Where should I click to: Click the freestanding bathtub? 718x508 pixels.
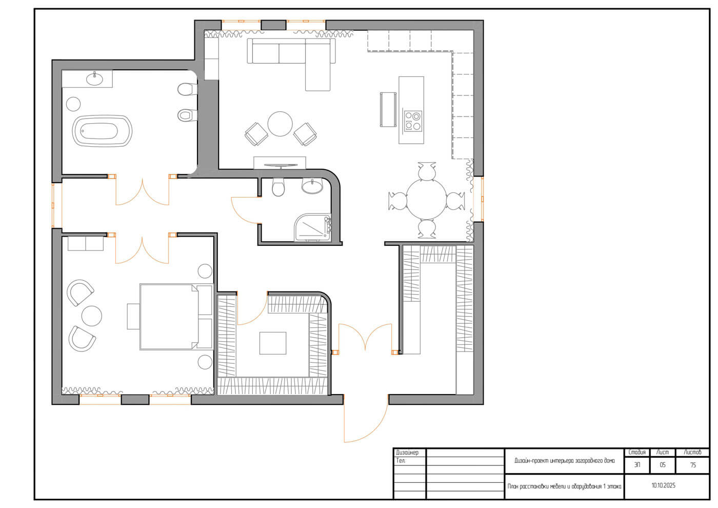(x=102, y=131)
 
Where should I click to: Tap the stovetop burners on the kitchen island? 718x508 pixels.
(x=413, y=121)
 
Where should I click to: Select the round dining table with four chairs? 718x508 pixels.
(x=426, y=199)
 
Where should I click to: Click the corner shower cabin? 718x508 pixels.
(x=312, y=227)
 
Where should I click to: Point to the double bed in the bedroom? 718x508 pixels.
(x=176, y=317)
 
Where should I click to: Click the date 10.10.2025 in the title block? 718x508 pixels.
(x=663, y=485)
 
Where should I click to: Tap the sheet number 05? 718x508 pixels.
(x=663, y=465)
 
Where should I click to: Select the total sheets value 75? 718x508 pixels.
(x=693, y=465)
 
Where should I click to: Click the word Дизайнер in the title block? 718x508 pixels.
(x=407, y=453)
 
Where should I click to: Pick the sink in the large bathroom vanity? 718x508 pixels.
(x=94, y=79)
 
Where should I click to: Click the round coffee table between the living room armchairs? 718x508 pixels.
(x=280, y=124)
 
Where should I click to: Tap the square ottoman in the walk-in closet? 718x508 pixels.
(x=272, y=343)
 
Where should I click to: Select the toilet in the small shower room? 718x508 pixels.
(x=278, y=187)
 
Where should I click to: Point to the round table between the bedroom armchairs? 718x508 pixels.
(x=92, y=316)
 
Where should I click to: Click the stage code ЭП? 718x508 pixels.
(x=637, y=465)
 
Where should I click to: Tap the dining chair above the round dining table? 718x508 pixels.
(x=427, y=171)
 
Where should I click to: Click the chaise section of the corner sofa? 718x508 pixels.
(x=317, y=65)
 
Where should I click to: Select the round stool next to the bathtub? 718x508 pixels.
(x=73, y=104)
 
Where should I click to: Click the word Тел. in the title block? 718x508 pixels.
(x=401, y=461)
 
